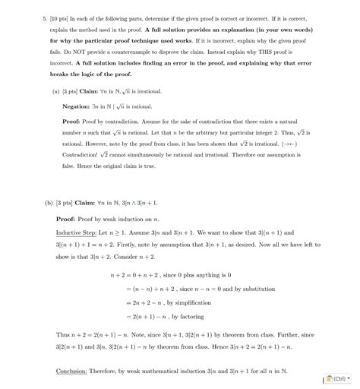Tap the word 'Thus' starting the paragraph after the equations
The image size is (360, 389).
(x=64, y=334)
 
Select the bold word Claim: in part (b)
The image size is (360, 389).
(x=89, y=204)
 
